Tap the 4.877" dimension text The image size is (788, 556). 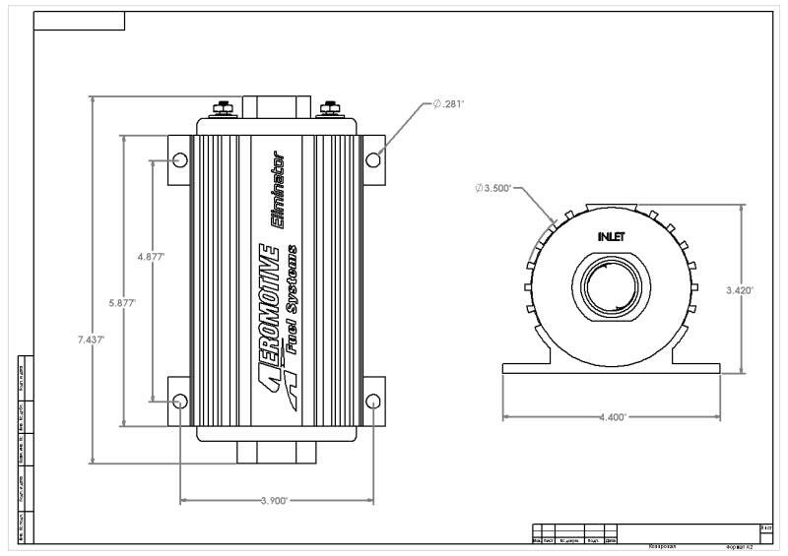(x=151, y=257)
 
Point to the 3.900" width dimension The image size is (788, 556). (x=273, y=501)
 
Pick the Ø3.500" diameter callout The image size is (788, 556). (x=492, y=187)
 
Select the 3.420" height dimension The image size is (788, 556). (x=739, y=290)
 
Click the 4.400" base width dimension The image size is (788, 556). (x=611, y=417)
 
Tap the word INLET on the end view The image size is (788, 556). (x=612, y=237)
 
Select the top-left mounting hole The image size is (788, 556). (x=179, y=160)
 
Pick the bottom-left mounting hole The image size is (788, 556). (x=179, y=401)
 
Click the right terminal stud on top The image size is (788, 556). (x=328, y=108)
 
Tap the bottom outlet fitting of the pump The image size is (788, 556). (x=277, y=452)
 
